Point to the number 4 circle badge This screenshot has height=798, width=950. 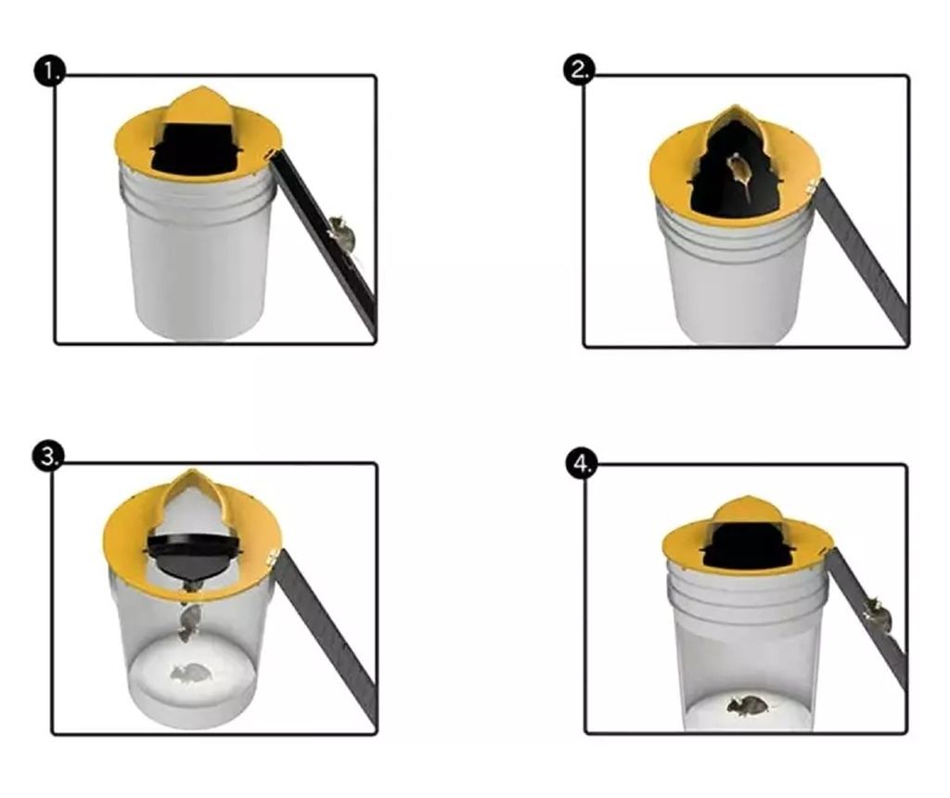[x=582, y=463]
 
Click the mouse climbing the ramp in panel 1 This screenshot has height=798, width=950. [x=341, y=233]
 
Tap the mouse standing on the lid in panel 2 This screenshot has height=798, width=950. [x=739, y=173]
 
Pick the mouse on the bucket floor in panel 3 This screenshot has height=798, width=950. [x=191, y=673]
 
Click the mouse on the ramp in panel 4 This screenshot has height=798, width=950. [x=877, y=613]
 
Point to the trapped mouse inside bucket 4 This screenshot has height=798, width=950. [x=748, y=704]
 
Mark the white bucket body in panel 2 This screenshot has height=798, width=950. [x=735, y=273]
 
